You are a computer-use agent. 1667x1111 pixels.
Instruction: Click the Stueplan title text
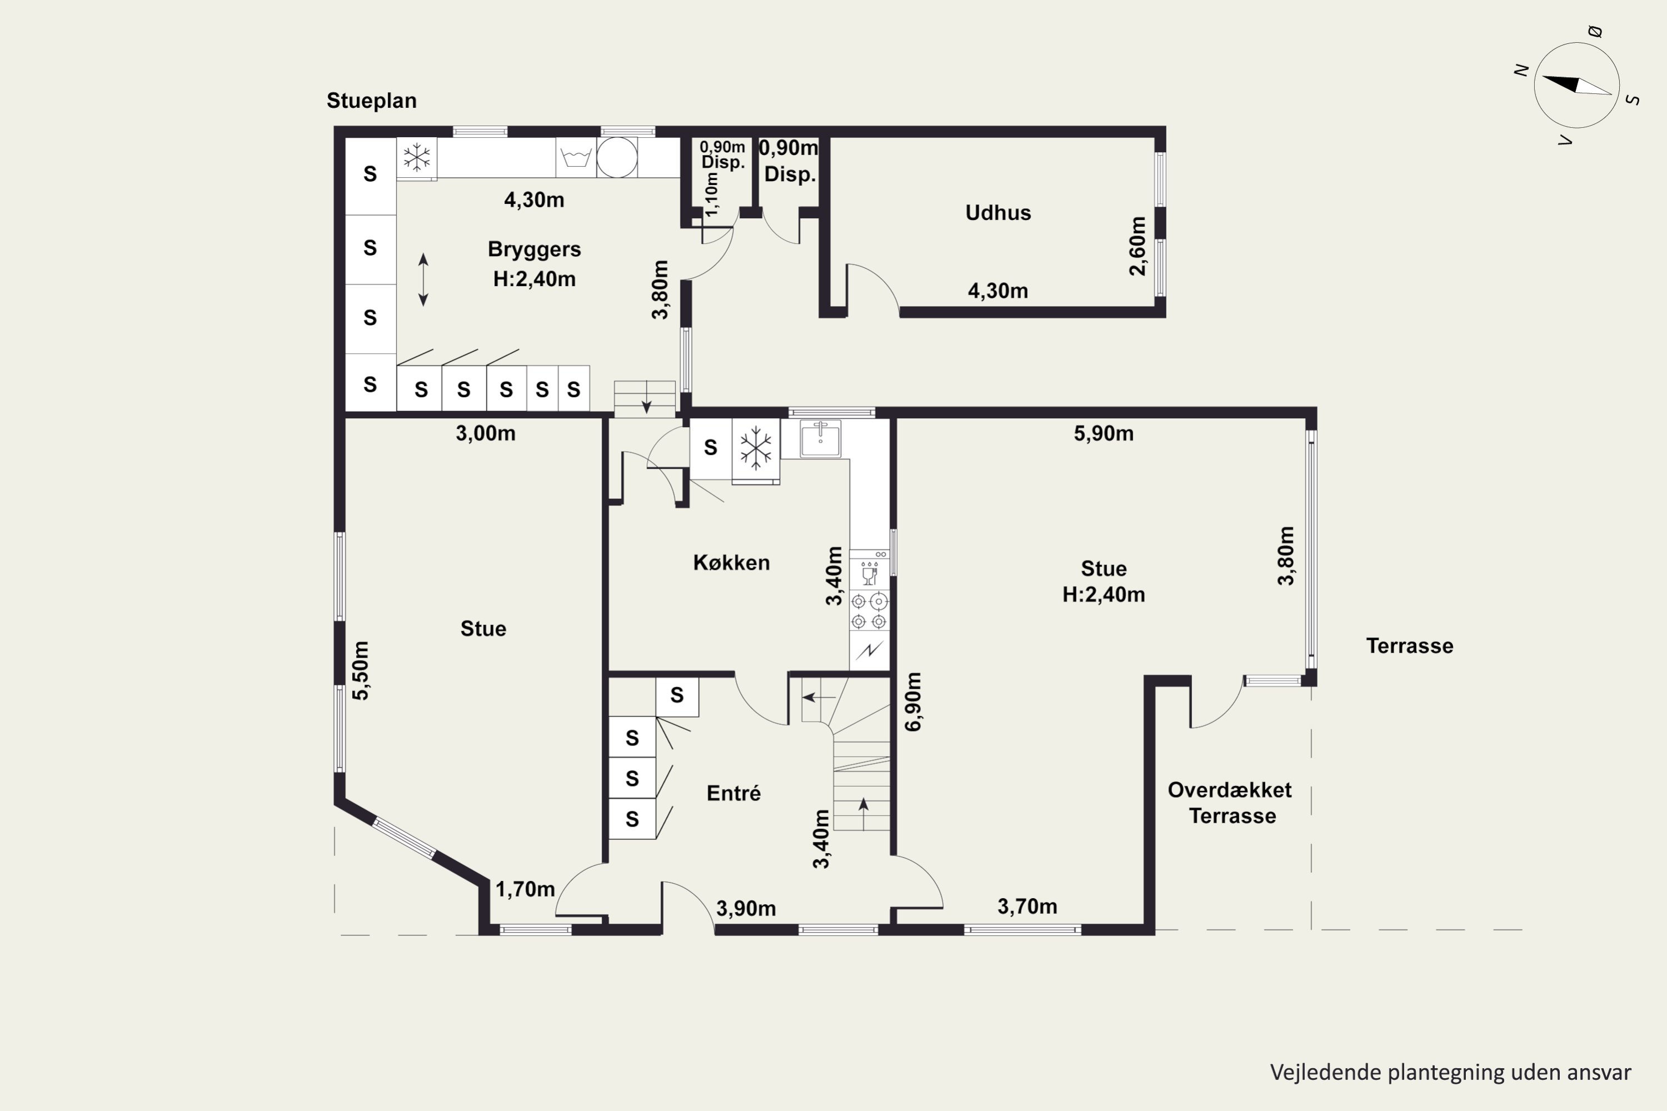tap(371, 101)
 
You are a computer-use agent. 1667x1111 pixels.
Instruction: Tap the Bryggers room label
tap(535, 249)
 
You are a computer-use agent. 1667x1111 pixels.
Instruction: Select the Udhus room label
tap(998, 213)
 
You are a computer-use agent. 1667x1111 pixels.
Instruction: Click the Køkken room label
tap(731, 563)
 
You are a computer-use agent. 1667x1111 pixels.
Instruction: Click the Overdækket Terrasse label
tap(1230, 803)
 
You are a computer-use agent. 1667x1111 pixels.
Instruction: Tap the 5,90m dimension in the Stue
tap(1104, 434)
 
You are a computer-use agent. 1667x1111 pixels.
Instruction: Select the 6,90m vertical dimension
tap(914, 702)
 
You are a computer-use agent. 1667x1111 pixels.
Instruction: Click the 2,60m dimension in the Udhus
tap(1137, 246)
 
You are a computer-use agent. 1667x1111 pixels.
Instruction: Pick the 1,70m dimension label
tap(525, 889)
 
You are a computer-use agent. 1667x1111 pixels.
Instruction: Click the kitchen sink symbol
tap(821, 439)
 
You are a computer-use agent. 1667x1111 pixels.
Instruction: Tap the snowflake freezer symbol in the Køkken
tap(756, 448)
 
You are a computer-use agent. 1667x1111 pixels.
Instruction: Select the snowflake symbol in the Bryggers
tap(417, 157)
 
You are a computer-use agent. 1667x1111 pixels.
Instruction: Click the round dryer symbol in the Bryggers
tap(617, 157)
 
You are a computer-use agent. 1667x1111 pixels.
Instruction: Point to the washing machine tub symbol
tap(576, 157)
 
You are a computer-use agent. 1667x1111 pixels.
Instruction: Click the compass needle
tap(1577, 85)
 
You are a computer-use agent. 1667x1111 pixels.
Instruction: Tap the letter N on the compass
tap(1520, 69)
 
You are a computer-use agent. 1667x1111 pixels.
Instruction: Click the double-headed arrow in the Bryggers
tap(423, 280)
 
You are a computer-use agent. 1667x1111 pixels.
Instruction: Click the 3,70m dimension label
tap(1027, 906)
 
